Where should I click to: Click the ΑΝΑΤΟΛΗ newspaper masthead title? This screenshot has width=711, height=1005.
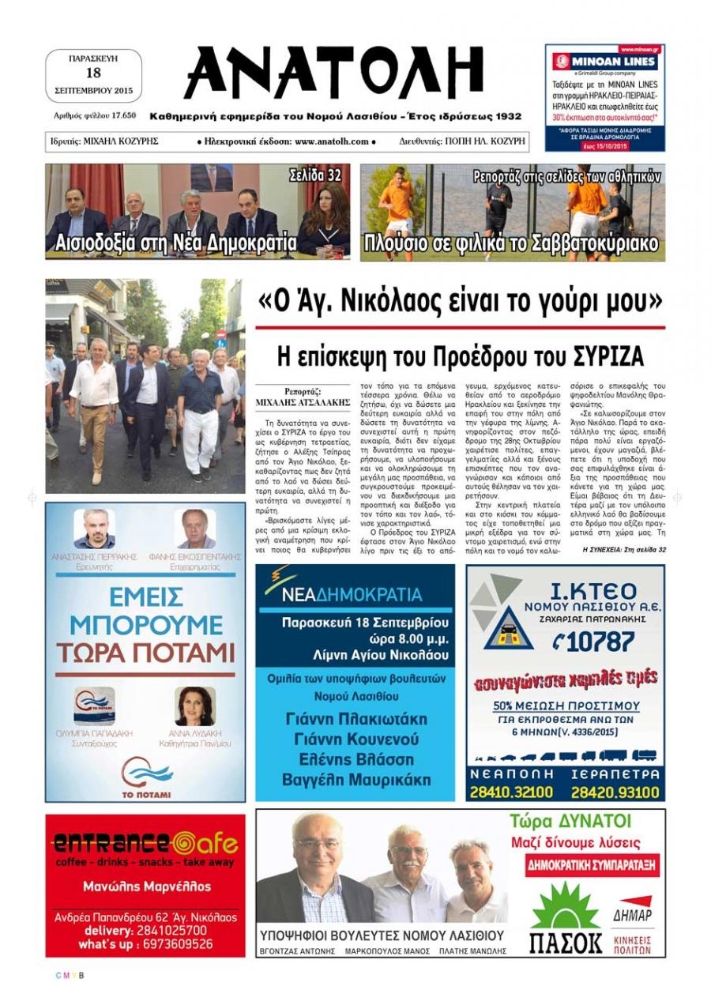[x=333, y=73]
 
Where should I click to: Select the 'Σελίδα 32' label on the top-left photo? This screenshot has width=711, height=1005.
[x=314, y=175]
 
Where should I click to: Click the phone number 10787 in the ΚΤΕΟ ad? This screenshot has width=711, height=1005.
[x=592, y=642]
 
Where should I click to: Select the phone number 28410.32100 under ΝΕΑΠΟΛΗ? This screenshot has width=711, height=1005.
[x=511, y=792]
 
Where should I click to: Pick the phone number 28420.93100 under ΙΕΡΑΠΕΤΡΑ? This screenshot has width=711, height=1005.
[x=615, y=792]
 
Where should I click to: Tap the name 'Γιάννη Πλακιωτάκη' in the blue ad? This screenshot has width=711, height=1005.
[x=355, y=719]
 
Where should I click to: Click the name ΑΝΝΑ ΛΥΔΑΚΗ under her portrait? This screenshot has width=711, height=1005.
[x=195, y=733]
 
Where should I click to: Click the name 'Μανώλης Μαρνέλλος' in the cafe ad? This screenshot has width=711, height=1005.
[x=146, y=886]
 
